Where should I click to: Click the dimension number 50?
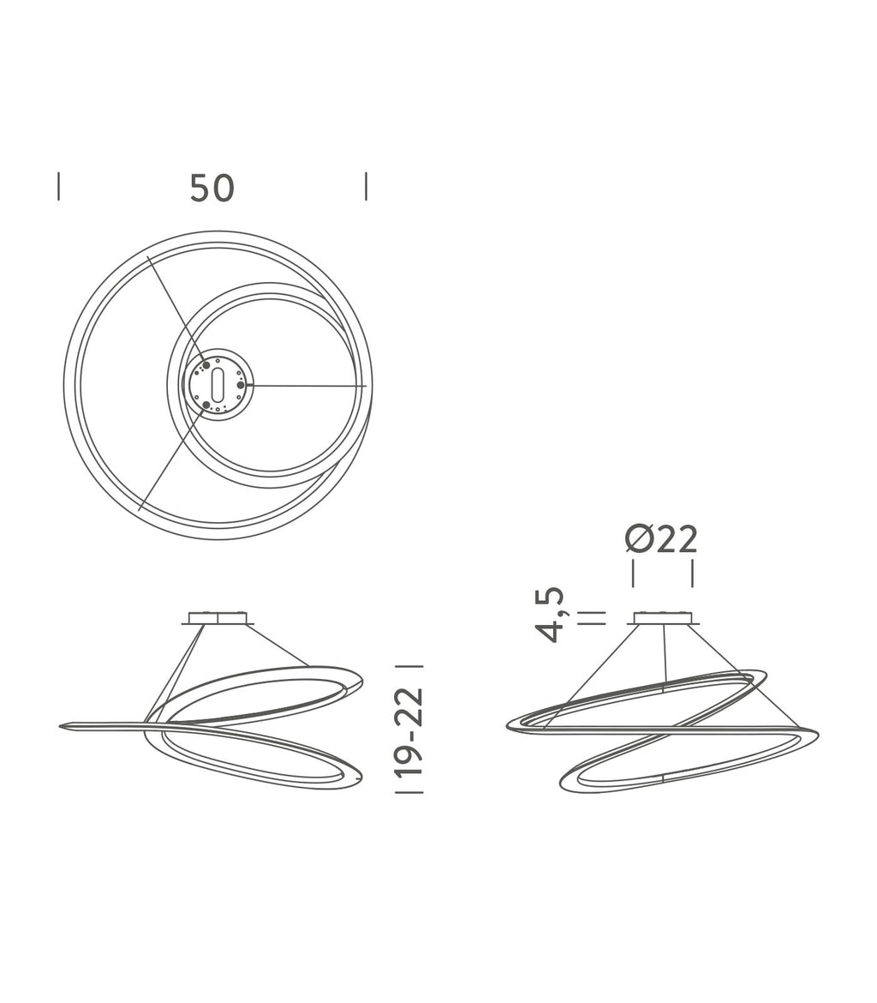[212, 188]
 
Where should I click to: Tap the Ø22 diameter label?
[661, 539]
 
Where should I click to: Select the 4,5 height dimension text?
[550, 615]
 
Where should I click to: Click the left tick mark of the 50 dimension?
[58, 186]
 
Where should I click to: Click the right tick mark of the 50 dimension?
[366, 186]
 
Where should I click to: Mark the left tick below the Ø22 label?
[633, 574]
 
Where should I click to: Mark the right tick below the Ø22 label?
[692, 574]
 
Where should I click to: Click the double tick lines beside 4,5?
[592, 618]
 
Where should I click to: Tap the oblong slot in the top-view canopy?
[218, 385]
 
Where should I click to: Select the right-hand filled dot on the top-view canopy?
[241, 385]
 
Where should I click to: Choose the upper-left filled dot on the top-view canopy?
[206, 365]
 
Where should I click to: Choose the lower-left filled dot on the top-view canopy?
[206, 405]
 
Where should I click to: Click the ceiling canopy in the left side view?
[218, 617]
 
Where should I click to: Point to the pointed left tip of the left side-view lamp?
[63, 727]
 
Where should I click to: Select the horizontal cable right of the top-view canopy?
[304, 386]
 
